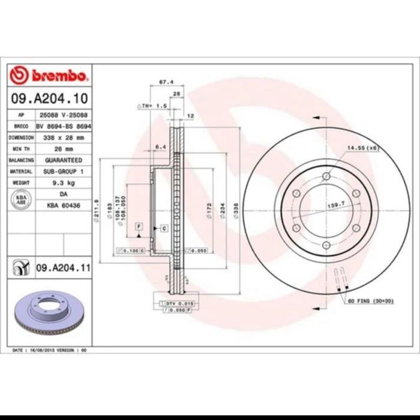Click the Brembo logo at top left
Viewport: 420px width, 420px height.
[x=50, y=75]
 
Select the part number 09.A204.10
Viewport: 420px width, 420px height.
[x=50, y=97]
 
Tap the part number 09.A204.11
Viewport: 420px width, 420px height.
[x=62, y=268]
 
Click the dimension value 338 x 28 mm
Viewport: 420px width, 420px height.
[x=63, y=137]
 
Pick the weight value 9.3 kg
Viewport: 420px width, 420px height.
[x=63, y=183]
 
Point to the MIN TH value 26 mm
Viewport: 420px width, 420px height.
[x=63, y=149]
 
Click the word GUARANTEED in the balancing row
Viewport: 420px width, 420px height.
[x=63, y=160]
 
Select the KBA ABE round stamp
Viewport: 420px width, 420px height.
[x=22, y=199]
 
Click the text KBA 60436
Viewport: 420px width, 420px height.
[x=63, y=205]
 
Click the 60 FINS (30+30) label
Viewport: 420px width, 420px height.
[x=371, y=300]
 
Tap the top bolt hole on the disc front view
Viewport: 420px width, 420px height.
[x=326, y=176]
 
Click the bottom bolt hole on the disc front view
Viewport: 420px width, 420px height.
[x=326, y=244]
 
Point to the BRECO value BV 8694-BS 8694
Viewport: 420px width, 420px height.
[x=63, y=126]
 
